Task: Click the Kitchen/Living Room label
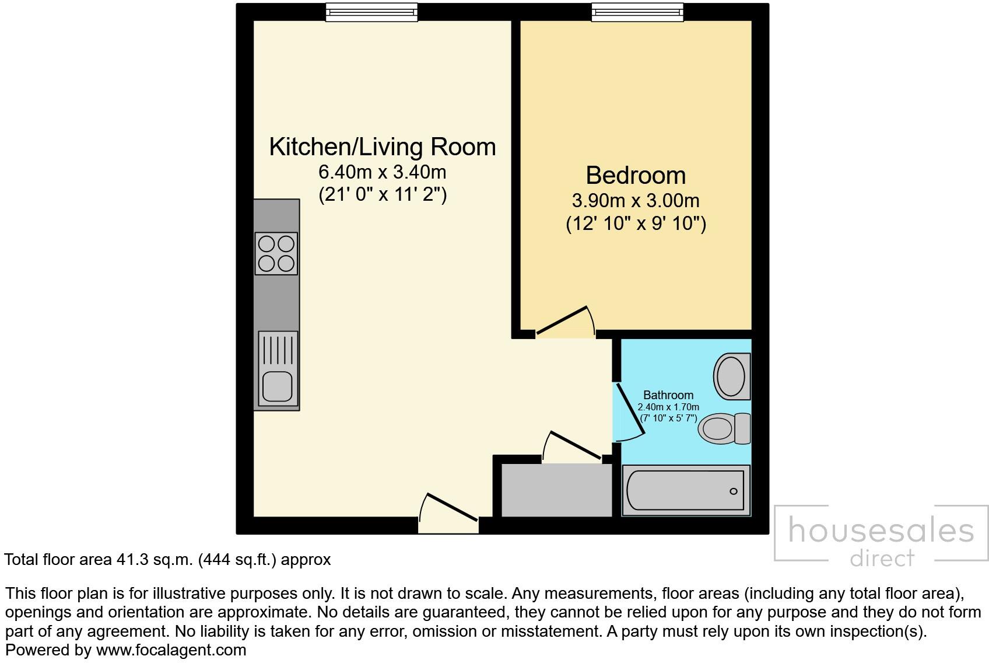[x=382, y=147]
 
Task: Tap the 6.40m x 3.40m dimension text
[x=382, y=172]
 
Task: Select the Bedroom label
[x=635, y=175]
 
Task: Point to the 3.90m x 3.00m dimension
[x=635, y=201]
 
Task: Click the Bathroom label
[x=668, y=395]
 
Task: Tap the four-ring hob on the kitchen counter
[x=276, y=253]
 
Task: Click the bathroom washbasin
[x=731, y=376]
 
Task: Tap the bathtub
[x=686, y=490]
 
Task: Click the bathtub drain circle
[x=734, y=491]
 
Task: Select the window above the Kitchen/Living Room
[x=371, y=12]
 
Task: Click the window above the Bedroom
[x=637, y=12]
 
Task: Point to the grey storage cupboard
[x=556, y=490]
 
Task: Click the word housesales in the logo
[x=881, y=531]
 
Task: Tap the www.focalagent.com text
[x=171, y=650]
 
